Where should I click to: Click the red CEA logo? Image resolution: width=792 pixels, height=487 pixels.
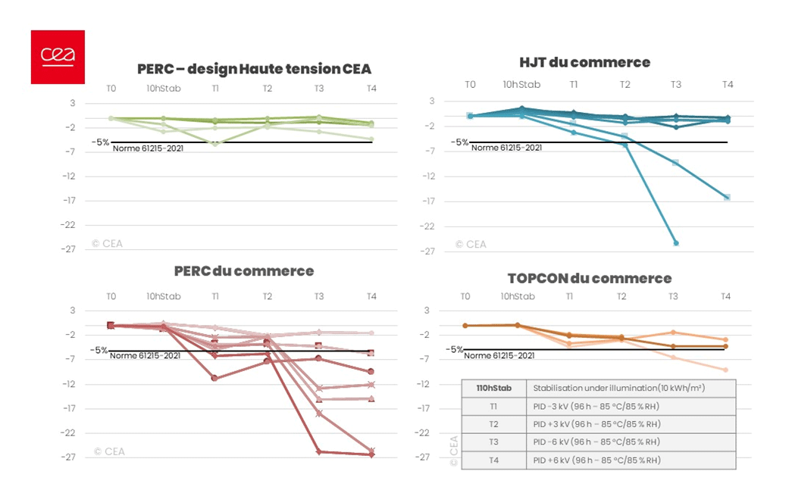(58, 57)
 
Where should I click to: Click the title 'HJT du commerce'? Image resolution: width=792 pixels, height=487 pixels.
(584, 62)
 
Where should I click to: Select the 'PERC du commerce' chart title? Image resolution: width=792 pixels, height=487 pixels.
(243, 270)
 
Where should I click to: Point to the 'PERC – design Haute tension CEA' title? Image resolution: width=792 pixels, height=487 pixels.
(254, 69)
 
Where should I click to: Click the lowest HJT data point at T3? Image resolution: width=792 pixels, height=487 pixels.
(676, 243)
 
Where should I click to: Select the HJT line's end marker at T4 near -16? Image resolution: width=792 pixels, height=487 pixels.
(727, 197)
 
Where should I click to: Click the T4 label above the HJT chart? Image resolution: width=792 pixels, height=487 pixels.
(727, 85)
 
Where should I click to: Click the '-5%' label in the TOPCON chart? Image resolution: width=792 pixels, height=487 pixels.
(453, 349)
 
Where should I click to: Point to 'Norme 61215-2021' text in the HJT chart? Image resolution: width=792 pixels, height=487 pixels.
(506, 148)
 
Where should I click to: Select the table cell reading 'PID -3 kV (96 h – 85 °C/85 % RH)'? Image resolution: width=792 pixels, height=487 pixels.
(596, 406)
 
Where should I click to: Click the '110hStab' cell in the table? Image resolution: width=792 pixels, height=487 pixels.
(493, 388)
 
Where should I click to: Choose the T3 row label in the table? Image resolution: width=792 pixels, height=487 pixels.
(493, 442)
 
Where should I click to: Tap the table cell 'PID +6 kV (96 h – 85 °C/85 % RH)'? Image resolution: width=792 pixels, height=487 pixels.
(596, 460)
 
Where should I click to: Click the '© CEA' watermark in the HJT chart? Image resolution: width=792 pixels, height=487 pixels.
(471, 244)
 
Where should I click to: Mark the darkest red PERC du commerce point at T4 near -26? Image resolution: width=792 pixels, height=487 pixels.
(371, 454)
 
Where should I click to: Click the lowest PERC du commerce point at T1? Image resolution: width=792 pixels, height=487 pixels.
(215, 378)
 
